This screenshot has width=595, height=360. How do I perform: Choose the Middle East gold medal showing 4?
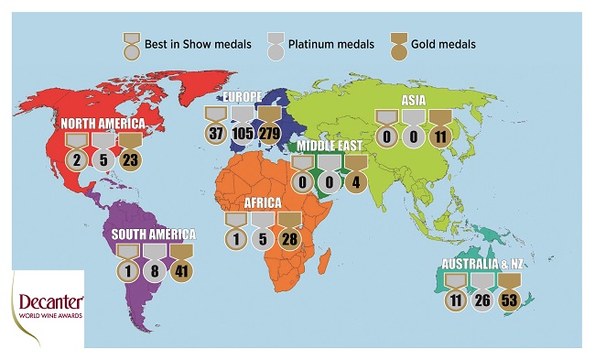click(x=355, y=182)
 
